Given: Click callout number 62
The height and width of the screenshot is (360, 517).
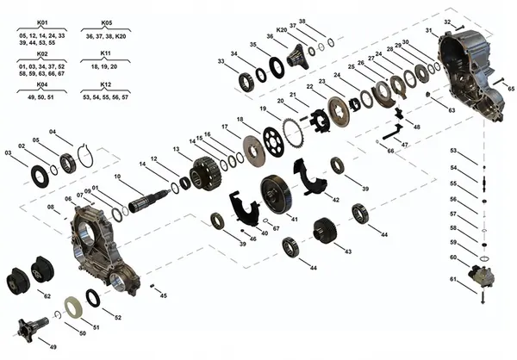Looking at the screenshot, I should click(x=47, y=295).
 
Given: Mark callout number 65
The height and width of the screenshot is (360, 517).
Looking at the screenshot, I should click(x=510, y=89).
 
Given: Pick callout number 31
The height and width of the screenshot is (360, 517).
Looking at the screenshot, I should click(x=429, y=31).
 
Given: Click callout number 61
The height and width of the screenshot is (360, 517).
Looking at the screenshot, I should click(x=453, y=279).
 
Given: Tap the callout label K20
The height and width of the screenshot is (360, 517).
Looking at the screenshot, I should click(x=281, y=29).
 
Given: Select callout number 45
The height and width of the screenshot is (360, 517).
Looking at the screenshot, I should click(x=164, y=295).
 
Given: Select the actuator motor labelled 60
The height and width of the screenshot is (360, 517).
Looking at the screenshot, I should click(x=478, y=277).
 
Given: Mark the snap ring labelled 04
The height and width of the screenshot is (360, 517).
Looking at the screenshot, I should click(x=84, y=155).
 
